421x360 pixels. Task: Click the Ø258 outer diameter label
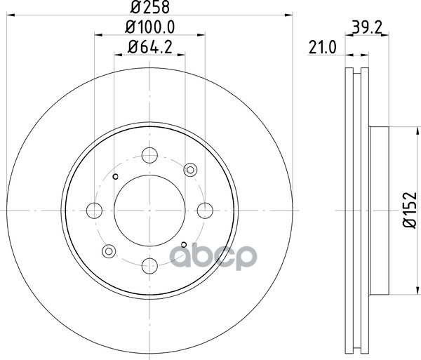click(x=150, y=7)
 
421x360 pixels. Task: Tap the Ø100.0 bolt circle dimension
click(x=150, y=27)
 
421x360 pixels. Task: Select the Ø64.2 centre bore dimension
click(x=150, y=47)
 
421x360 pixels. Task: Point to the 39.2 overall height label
click(x=367, y=27)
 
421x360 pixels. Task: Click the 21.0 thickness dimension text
click(x=322, y=48)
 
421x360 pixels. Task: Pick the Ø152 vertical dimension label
click(x=410, y=210)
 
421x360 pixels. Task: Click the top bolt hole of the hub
click(x=149, y=155)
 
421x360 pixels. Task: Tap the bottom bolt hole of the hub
click(x=149, y=265)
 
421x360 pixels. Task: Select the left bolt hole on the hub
click(x=94, y=211)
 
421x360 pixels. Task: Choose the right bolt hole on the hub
click(x=205, y=211)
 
